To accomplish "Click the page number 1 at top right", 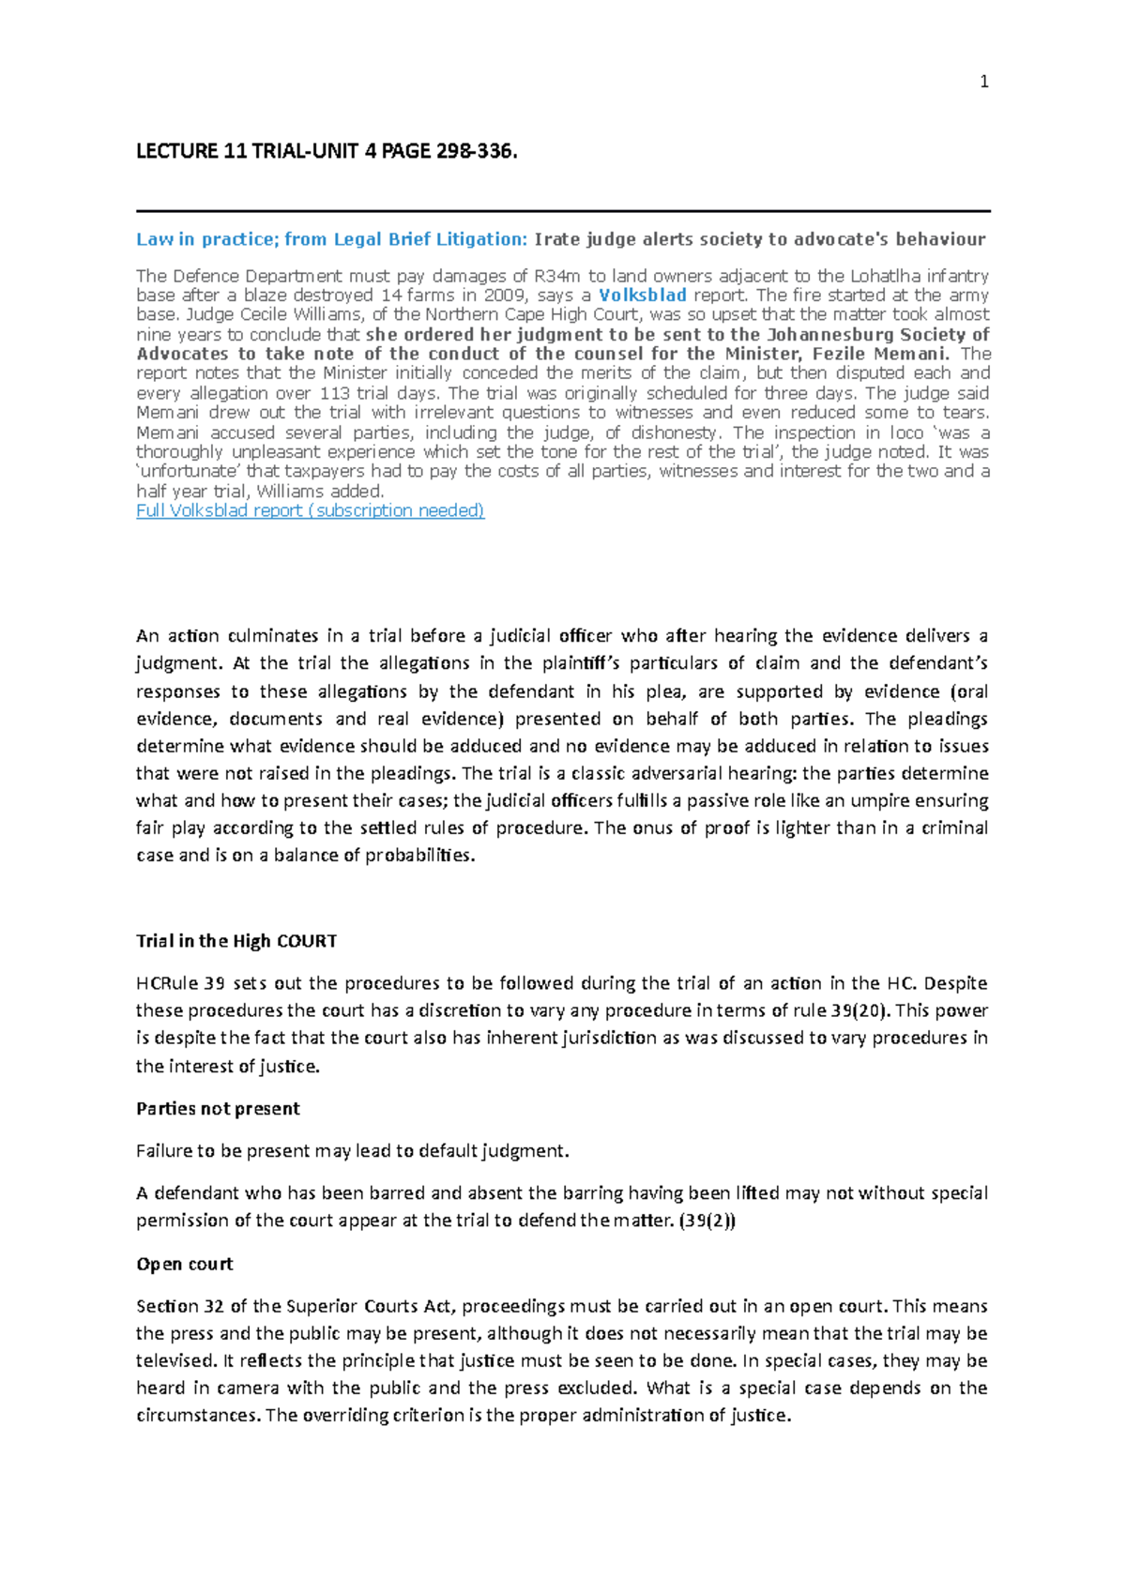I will coord(983,82).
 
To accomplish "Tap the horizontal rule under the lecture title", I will coord(563,211).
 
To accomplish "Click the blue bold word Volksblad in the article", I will coord(643,295).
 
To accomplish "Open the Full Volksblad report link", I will coord(310,510).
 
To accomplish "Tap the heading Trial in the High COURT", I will coord(236,941).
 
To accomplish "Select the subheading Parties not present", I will coord(218,1108).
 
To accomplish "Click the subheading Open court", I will coord(184,1264).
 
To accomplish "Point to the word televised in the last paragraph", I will coord(176,1360).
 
